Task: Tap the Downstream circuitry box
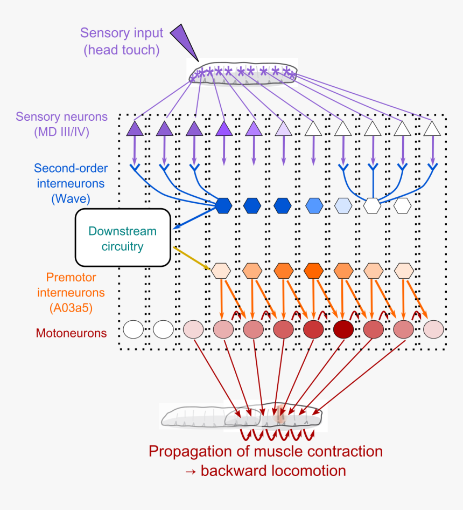pyautogui.click(x=123, y=238)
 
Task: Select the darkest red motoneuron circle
pyautogui.click(x=343, y=329)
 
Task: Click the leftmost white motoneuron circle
pyautogui.click(x=133, y=329)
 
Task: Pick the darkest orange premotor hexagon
pyautogui.click(x=313, y=270)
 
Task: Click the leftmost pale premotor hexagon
pyautogui.click(x=221, y=270)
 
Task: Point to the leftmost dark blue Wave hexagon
pyautogui.click(x=223, y=205)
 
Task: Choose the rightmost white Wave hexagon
pyautogui.click(x=402, y=205)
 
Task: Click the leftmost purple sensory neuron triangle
pyautogui.click(x=135, y=128)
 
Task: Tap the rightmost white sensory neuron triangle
pyautogui.click(x=431, y=128)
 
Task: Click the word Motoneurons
pyautogui.click(x=71, y=333)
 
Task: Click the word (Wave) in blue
pyautogui.click(x=71, y=198)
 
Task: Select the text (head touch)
pyautogui.click(x=122, y=50)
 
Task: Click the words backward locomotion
pyautogui.click(x=273, y=471)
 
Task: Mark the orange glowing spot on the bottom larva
pyautogui.click(x=279, y=416)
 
